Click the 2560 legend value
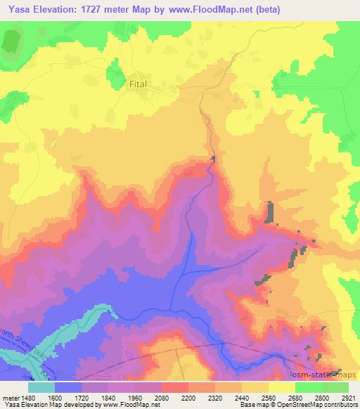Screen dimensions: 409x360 tap(257, 397)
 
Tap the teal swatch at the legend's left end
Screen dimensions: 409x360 tap(41, 387)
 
